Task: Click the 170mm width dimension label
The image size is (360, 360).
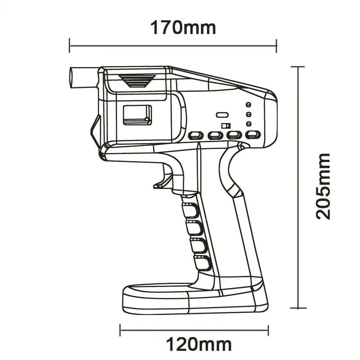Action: point(183,27)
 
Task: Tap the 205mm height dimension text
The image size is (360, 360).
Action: point(323,186)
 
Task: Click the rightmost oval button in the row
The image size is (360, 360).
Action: point(253,135)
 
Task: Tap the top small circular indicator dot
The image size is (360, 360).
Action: point(248,105)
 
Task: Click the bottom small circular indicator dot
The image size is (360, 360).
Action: point(248,124)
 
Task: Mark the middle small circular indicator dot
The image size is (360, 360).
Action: point(248,114)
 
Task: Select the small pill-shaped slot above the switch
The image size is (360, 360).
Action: point(221,115)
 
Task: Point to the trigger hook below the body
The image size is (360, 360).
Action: point(163,180)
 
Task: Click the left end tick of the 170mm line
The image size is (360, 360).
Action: point(70,45)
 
